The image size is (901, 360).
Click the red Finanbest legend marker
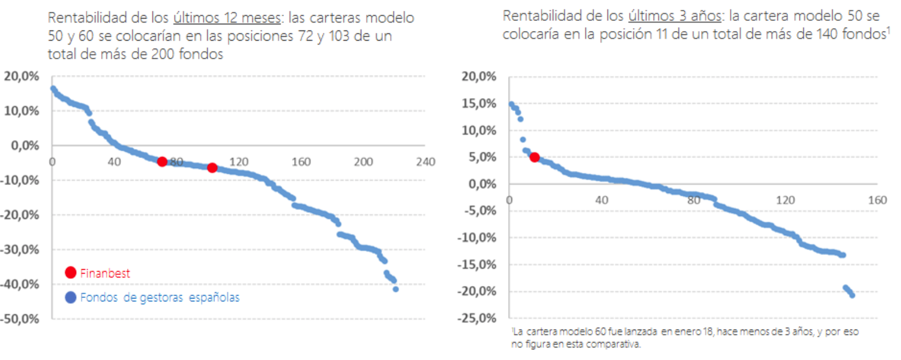click(x=71, y=273)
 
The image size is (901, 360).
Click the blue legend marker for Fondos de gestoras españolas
click(x=71, y=297)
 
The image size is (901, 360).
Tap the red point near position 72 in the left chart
click(x=162, y=162)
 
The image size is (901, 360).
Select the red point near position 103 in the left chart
click(x=212, y=168)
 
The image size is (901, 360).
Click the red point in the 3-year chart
click(x=535, y=157)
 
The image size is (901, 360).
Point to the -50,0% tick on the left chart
click(x=20, y=319)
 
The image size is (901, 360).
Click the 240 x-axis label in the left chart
click(x=425, y=162)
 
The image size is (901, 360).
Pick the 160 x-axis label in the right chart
click(x=877, y=200)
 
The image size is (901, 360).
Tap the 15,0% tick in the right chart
click(x=479, y=103)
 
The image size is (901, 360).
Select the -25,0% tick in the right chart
click(x=477, y=318)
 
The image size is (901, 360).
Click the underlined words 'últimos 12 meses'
click(x=227, y=18)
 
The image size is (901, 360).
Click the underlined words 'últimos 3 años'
click(x=675, y=16)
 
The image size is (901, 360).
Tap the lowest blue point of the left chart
click(x=396, y=289)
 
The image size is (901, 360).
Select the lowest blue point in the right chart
click(x=852, y=295)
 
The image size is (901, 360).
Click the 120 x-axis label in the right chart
click(x=785, y=200)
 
